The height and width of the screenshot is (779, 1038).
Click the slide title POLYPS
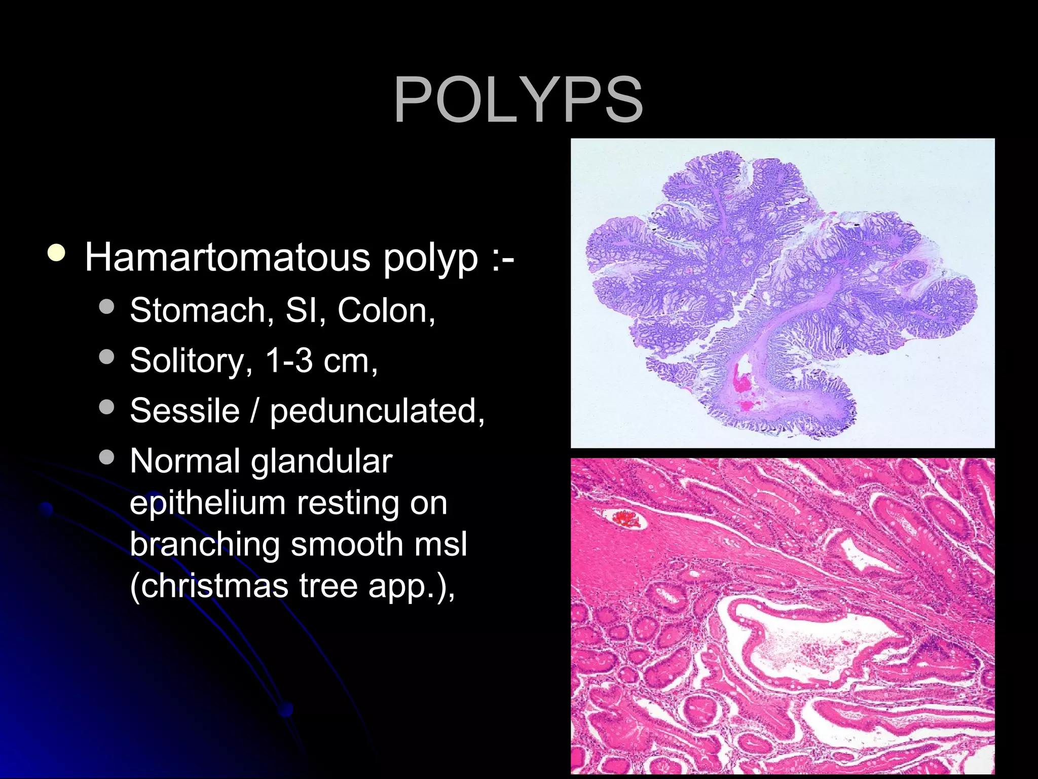point(518,99)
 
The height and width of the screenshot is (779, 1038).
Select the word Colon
point(385,310)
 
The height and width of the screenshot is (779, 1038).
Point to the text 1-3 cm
point(320,361)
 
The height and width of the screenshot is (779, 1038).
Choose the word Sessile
point(184,410)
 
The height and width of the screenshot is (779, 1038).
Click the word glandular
point(321,461)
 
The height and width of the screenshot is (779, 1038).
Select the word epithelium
point(207,503)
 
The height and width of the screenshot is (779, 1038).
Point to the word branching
point(205,545)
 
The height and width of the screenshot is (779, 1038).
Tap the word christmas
point(209,586)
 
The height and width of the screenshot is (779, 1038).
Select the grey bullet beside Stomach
point(107,307)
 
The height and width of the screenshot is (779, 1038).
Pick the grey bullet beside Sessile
point(107,407)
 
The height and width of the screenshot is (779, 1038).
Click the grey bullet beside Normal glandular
point(107,457)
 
